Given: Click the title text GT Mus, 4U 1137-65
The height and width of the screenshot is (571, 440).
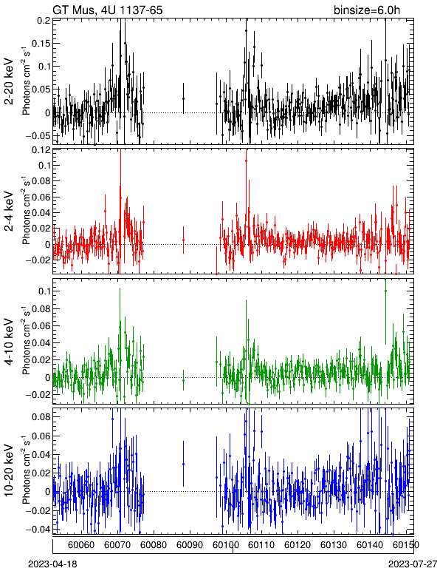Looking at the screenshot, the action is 108,10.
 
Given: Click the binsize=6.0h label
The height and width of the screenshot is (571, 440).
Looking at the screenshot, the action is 367,10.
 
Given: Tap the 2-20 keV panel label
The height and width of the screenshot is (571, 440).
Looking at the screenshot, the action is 9,81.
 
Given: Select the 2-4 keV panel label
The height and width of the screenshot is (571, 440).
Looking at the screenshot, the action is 9,212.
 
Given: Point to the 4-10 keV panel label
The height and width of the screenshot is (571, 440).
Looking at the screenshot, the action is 9,342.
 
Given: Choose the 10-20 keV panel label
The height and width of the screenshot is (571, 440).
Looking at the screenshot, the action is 9,470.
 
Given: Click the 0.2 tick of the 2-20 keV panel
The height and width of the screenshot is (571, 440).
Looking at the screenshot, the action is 43,21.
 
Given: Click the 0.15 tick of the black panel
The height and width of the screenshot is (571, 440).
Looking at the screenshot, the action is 41,44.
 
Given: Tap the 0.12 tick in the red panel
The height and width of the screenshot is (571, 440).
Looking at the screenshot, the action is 41,149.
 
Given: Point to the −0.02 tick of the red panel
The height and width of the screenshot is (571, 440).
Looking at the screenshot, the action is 38,260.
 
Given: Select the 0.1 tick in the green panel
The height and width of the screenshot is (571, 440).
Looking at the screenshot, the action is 43,291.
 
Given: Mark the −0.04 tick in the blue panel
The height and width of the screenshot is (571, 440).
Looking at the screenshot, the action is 38,529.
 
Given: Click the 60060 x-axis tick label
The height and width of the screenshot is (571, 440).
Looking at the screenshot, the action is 81,545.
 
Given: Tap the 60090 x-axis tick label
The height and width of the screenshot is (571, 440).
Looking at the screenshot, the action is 190,545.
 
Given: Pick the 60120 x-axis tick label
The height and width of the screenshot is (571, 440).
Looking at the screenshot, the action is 298,545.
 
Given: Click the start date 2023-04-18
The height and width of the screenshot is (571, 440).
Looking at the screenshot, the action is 52,564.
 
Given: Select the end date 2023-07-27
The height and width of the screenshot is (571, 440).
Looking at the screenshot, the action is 413,564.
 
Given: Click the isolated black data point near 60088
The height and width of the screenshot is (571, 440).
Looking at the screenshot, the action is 183,98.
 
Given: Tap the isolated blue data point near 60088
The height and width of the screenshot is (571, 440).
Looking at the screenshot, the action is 183,464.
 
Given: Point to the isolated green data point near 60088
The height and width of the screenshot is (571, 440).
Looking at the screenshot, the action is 183,380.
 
